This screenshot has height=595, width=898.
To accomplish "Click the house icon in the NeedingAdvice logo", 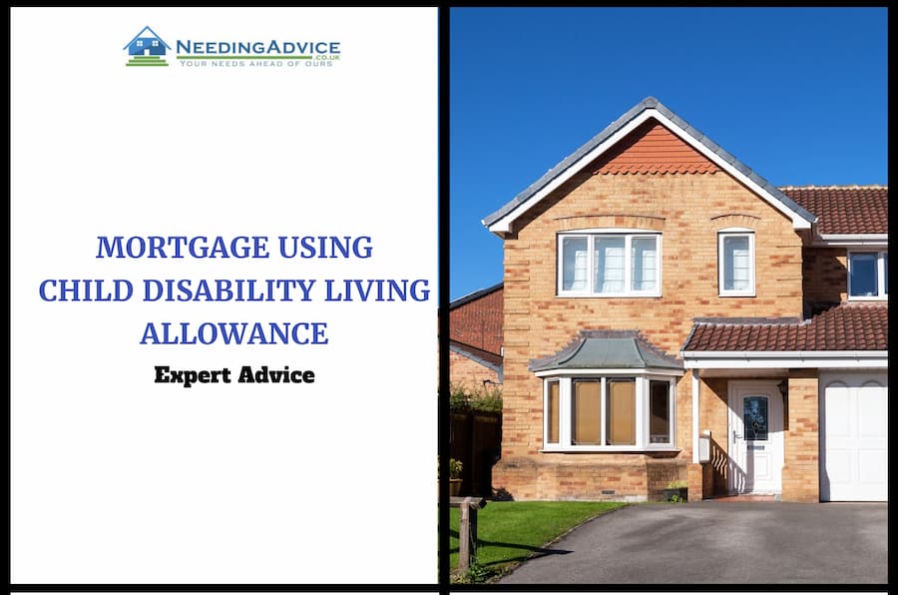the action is pyautogui.click(x=148, y=47).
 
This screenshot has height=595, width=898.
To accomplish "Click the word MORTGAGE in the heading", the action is pyautogui.click(x=183, y=248).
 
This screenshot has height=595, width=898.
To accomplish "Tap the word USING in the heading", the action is pyautogui.click(x=325, y=248).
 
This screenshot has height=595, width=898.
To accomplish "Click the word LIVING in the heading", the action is pyautogui.click(x=377, y=291).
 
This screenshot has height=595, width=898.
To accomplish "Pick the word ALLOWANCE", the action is pyautogui.click(x=234, y=333).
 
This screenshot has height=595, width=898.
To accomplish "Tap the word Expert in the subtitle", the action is pyautogui.click(x=193, y=376).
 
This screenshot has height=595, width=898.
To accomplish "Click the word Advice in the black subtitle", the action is pyautogui.click(x=276, y=375).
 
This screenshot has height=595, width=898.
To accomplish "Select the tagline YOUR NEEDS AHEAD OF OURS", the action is pyautogui.click(x=256, y=63).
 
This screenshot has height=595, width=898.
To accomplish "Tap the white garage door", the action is pyautogui.click(x=853, y=436).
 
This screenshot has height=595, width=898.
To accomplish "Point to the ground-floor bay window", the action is pyautogui.click(x=610, y=412).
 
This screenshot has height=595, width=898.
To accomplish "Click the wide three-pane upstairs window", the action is pyautogui.click(x=610, y=264).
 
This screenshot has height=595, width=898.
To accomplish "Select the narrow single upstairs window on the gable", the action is pyautogui.click(x=736, y=263).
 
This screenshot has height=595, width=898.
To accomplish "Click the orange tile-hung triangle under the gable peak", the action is pyautogui.click(x=658, y=152).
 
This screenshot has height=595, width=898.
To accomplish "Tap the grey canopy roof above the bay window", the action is pyautogui.click(x=606, y=352).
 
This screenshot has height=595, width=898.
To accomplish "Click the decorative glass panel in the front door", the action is pyautogui.click(x=755, y=418).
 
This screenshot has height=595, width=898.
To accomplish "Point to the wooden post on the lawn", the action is pyautogui.click(x=466, y=532).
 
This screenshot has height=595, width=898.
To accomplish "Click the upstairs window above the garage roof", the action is pyautogui.click(x=867, y=274).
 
